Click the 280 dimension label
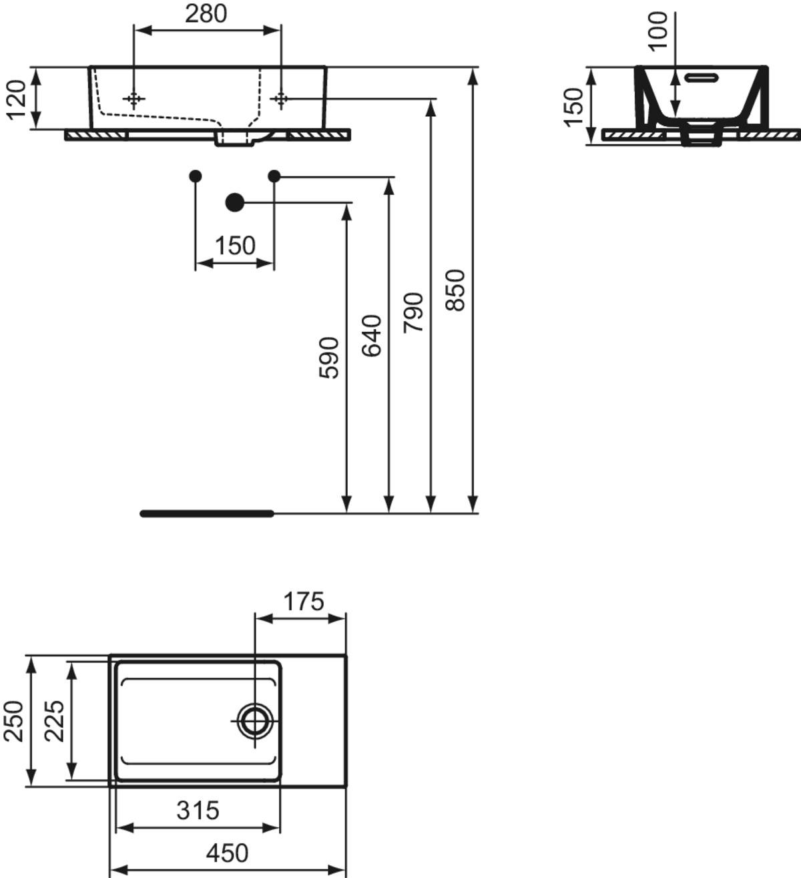(x=206, y=13)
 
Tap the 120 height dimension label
(x=16, y=98)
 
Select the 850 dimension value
(x=455, y=289)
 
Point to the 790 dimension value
(x=413, y=312)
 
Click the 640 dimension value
(x=371, y=335)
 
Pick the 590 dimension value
(x=329, y=357)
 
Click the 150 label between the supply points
(x=235, y=246)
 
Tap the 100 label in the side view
(x=658, y=31)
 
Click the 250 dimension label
(x=14, y=720)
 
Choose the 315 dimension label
(x=198, y=810)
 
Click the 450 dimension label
(x=227, y=852)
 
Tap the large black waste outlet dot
(x=234, y=202)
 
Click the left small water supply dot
(x=195, y=176)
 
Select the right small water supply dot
(x=274, y=176)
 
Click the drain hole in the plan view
(x=255, y=720)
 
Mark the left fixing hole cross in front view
(x=134, y=99)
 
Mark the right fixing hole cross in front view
(x=281, y=99)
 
